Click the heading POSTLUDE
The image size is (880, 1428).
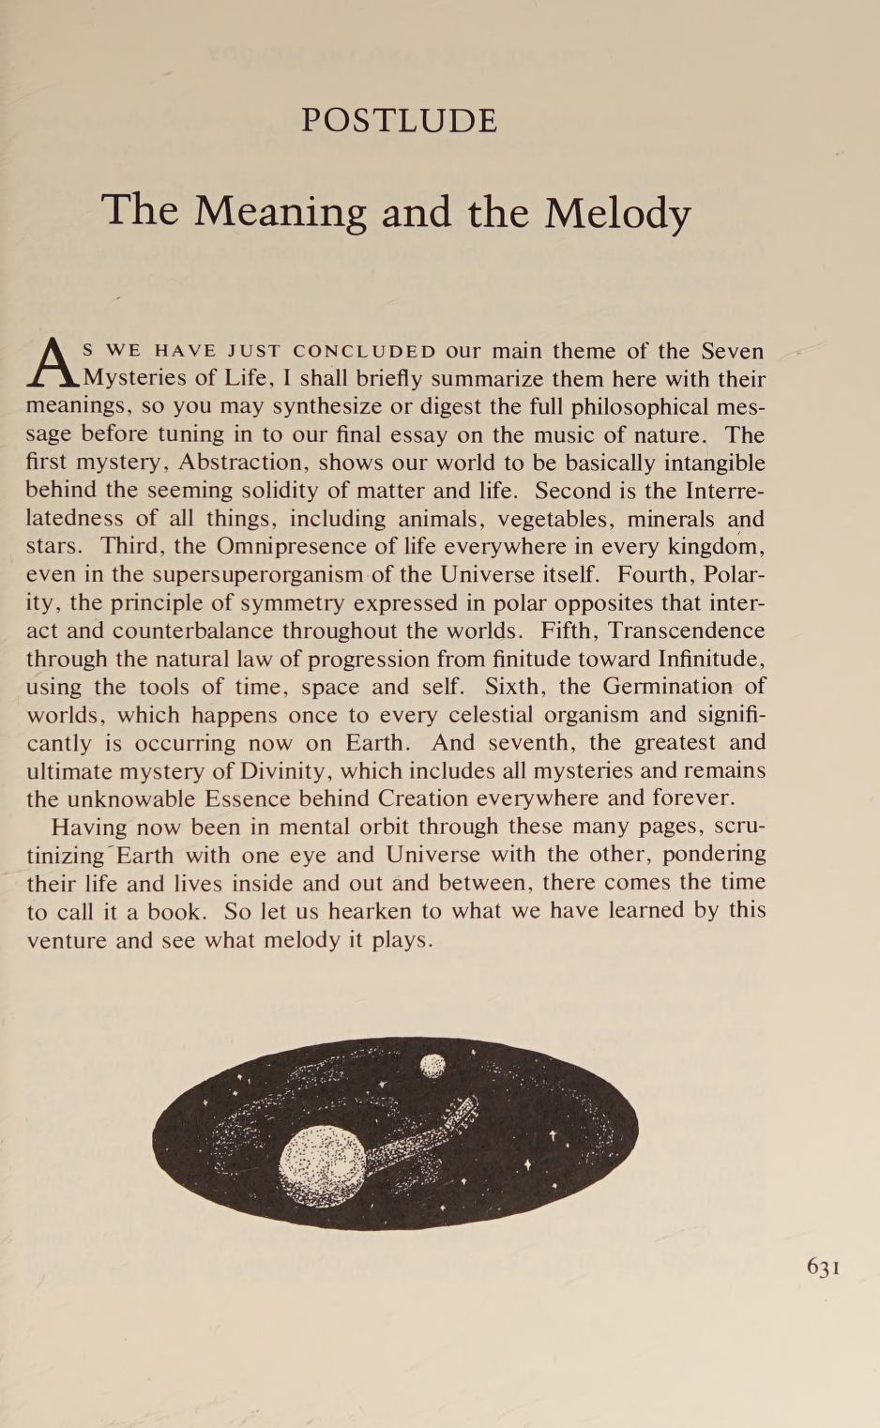[399, 121]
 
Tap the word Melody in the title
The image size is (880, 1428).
[617, 213]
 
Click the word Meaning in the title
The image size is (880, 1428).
[280, 213]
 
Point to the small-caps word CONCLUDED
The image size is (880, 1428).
[364, 352]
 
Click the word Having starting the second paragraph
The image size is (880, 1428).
[89, 828]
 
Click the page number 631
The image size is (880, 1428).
[823, 1267]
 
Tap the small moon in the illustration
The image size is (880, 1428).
[432, 1065]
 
